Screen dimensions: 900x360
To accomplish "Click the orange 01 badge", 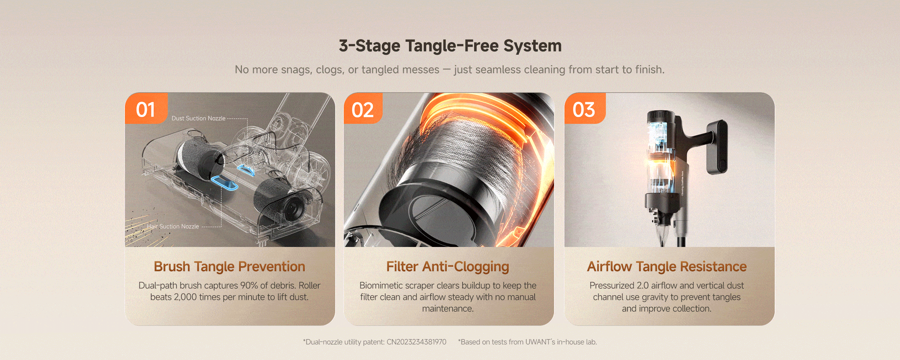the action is pyautogui.click(x=146, y=108).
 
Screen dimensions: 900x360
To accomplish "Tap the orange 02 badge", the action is pyautogui.click(x=363, y=108).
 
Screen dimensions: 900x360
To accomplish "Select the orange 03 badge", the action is pyautogui.click(x=585, y=108).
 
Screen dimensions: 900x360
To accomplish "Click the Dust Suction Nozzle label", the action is pyautogui.click(x=198, y=118).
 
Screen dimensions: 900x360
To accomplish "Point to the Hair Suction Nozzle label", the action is pyautogui.click(x=173, y=226).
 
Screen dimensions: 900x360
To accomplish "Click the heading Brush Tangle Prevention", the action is pyautogui.click(x=230, y=267).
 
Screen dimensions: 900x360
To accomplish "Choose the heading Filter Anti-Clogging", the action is pyautogui.click(x=448, y=267).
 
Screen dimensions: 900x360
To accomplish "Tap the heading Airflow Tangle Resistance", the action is pyautogui.click(x=667, y=267).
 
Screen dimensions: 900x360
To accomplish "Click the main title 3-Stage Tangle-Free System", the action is pyautogui.click(x=450, y=46).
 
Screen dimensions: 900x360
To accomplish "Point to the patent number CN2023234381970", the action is pyautogui.click(x=416, y=342).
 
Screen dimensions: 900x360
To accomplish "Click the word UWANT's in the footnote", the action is pyautogui.click(x=540, y=342).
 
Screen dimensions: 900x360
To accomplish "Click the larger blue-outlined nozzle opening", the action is pyautogui.click(x=224, y=183).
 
